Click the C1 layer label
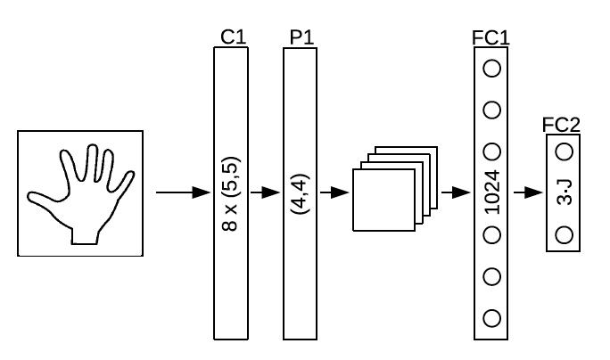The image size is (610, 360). pyautogui.click(x=234, y=37)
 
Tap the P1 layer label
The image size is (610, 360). pyautogui.click(x=302, y=37)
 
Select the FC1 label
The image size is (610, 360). pyautogui.click(x=490, y=38)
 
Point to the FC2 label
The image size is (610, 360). pyautogui.click(x=561, y=125)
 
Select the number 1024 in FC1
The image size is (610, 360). pyautogui.click(x=492, y=192)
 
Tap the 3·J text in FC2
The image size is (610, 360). pyautogui.click(x=565, y=192)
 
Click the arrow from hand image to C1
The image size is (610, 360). pyautogui.click(x=183, y=192)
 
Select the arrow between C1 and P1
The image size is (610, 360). pyautogui.click(x=265, y=192)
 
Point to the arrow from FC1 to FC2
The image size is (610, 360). pyautogui.click(x=528, y=192)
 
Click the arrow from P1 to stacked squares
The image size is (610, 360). pyautogui.click(x=334, y=192)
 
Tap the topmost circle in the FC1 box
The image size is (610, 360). pyautogui.click(x=491, y=69)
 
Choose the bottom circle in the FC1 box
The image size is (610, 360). pyautogui.click(x=491, y=318)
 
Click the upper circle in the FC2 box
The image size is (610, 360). pyautogui.click(x=565, y=151)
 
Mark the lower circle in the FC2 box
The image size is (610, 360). pyautogui.click(x=565, y=235)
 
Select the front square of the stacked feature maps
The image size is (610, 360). pyautogui.click(x=383, y=200)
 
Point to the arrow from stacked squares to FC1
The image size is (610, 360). pyautogui.click(x=456, y=192)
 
